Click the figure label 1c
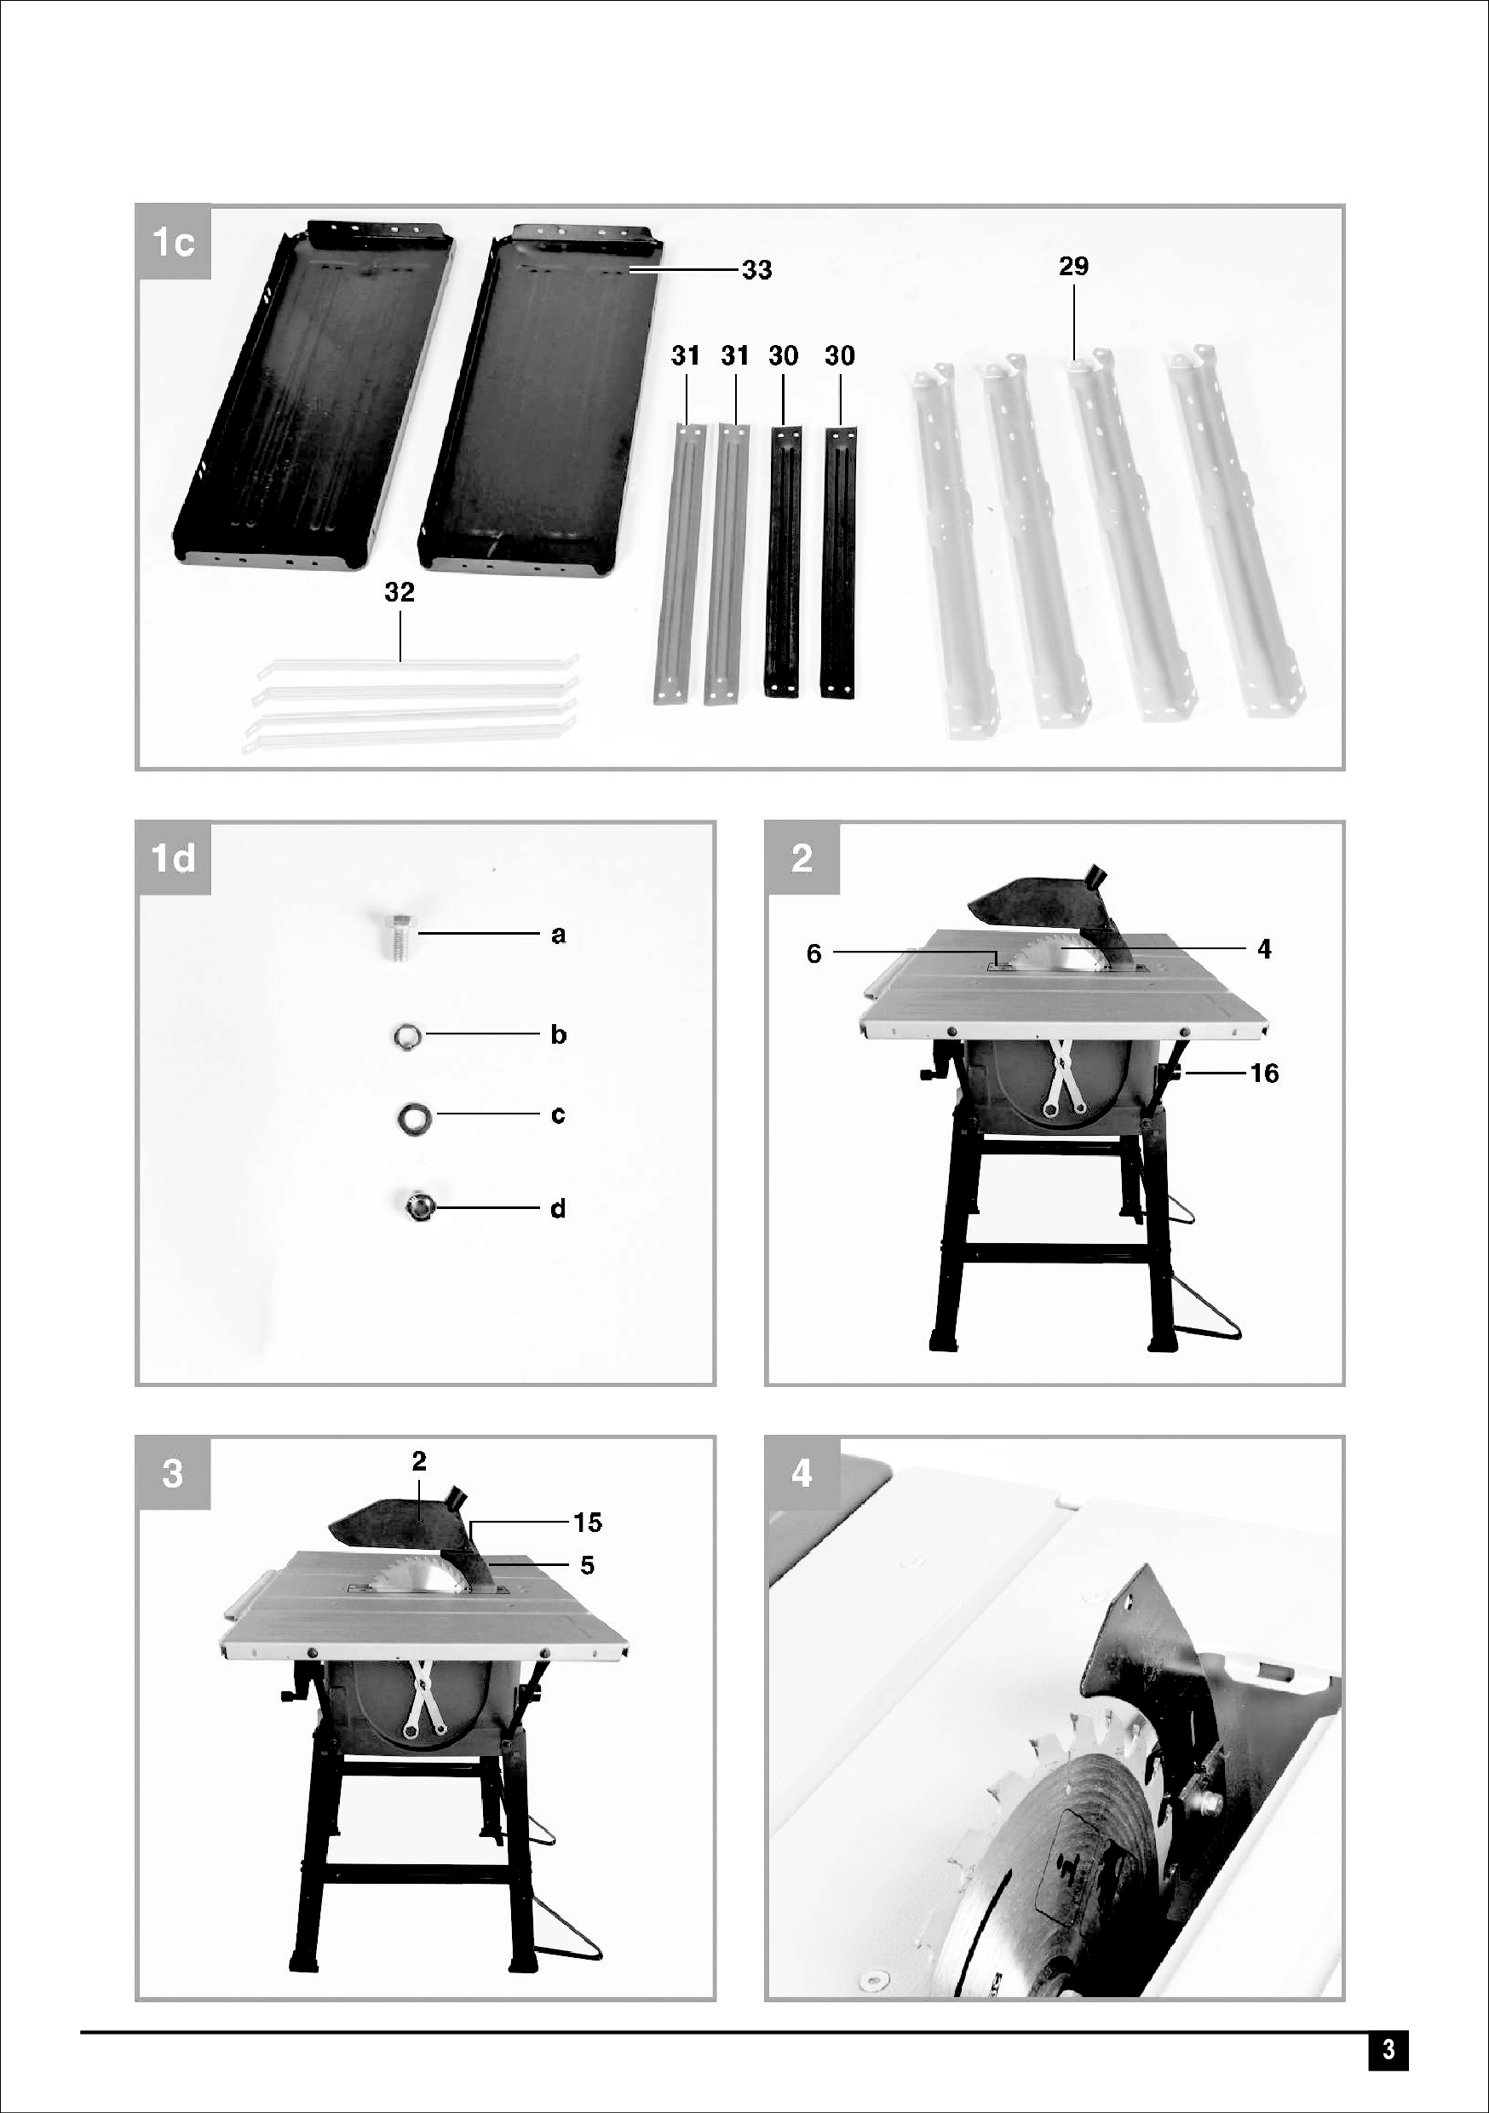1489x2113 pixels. pyautogui.click(x=173, y=243)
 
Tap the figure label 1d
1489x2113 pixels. pyautogui.click(x=173, y=859)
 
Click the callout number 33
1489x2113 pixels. pyautogui.click(x=757, y=271)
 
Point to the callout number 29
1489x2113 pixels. pyautogui.click(x=1074, y=266)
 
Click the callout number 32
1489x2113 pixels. pyautogui.click(x=400, y=593)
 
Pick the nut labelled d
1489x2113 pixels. pyautogui.click(x=417, y=1206)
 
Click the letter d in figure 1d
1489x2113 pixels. pyautogui.click(x=558, y=1208)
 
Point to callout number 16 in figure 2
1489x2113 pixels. pyautogui.click(x=1264, y=1073)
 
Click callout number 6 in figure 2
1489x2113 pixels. pyautogui.click(x=813, y=953)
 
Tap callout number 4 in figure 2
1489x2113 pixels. pyautogui.click(x=1264, y=948)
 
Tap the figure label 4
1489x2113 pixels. pyautogui.click(x=802, y=1473)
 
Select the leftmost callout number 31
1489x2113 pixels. pyautogui.click(x=686, y=356)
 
